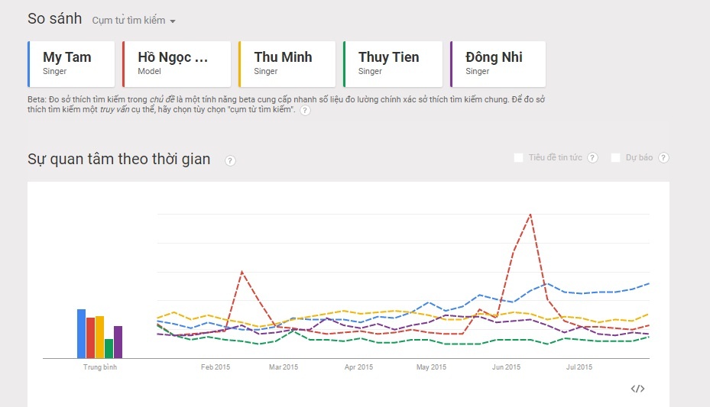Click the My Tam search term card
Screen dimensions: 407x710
coord(71,64)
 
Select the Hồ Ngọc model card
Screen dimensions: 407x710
coord(177,64)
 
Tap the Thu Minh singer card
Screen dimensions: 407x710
coord(287,64)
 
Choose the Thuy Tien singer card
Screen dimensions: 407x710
coord(393,64)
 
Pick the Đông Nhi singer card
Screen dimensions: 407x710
coord(498,64)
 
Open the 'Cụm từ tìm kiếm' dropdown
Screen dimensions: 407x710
coord(134,21)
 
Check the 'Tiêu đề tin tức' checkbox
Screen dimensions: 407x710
coord(519,157)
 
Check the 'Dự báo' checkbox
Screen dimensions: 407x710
coord(616,157)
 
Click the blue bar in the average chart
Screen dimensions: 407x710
coord(81,334)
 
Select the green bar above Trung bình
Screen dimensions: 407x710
coord(109,348)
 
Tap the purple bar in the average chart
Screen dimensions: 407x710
coord(118,341)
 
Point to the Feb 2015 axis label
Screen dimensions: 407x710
coord(216,367)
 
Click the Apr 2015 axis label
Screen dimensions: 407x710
coord(358,367)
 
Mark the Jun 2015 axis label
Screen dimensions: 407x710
coord(506,367)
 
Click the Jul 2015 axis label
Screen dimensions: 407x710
coord(579,367)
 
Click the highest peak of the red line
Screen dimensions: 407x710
coord(530,215)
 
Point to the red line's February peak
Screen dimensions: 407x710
coord(242,272)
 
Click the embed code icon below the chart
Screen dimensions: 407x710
coord(637,389)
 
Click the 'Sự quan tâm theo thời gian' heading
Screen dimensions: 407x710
coord(118,159)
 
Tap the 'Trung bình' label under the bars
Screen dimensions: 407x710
coord(99,367)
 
